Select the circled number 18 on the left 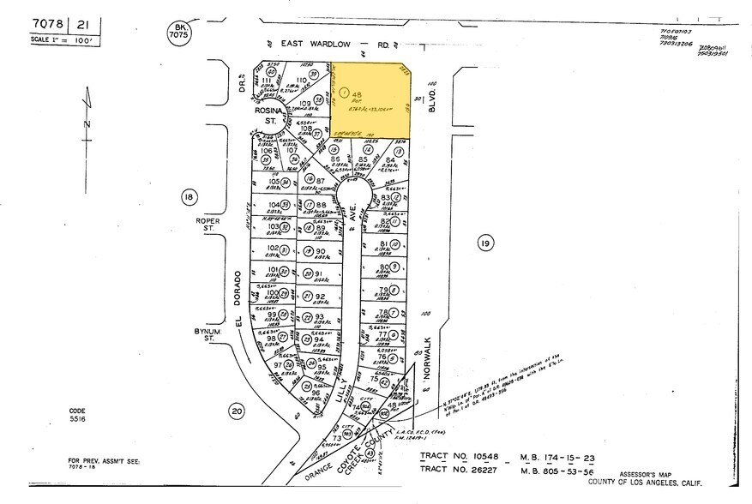coord(189,197)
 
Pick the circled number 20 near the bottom coord(236,411)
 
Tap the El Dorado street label coord(243,300)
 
